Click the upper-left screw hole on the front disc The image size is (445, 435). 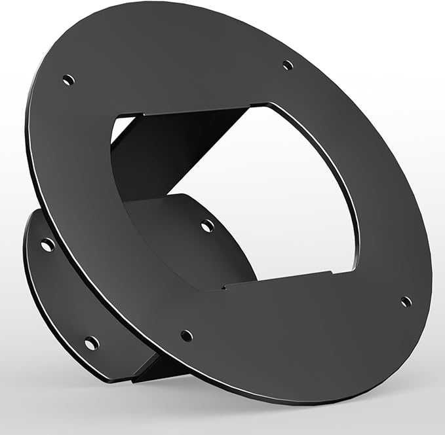tap(68, 80)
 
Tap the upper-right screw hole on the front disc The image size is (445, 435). tap(287, 65)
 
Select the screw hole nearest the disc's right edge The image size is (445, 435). tap(406, 302)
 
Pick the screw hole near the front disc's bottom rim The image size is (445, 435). tap(187, 336)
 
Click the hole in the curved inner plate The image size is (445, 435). tap(207, 226)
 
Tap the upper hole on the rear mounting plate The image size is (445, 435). tap(47, 245)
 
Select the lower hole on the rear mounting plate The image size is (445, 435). tap(91, 342)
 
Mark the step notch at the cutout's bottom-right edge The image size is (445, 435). tap(334, 271)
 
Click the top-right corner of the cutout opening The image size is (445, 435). tap(269, 104)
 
